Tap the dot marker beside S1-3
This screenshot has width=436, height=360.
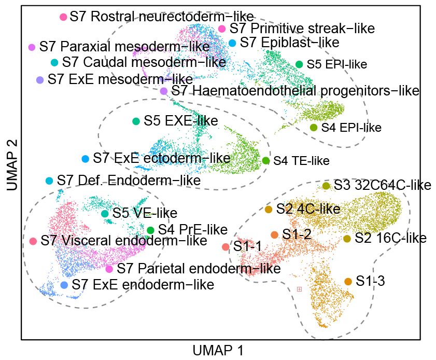click(x=348, y=281)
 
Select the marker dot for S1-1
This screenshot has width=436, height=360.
click(x=226, y=247)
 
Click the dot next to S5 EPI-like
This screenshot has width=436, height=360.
click(x=299, y=64)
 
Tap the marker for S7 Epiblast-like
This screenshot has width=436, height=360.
click(x=232, y=42)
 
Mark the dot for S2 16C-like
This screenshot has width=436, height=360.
click(x=347, y=239)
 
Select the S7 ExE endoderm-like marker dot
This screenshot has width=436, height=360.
click(x=64, y=285)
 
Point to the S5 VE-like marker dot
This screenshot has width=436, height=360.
click(x=105, y=213)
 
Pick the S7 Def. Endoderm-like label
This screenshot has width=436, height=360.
click(x=129, y=181)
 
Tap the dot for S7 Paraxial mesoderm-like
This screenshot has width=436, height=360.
click(x=32, y=47)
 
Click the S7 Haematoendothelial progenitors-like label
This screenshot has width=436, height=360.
click(x=294, y=91)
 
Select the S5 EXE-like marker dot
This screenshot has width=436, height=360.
click(x=136, y=121)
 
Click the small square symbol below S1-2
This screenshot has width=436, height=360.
click(x=299, y=289)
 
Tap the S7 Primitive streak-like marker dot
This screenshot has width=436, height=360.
click(x=221, y=29)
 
